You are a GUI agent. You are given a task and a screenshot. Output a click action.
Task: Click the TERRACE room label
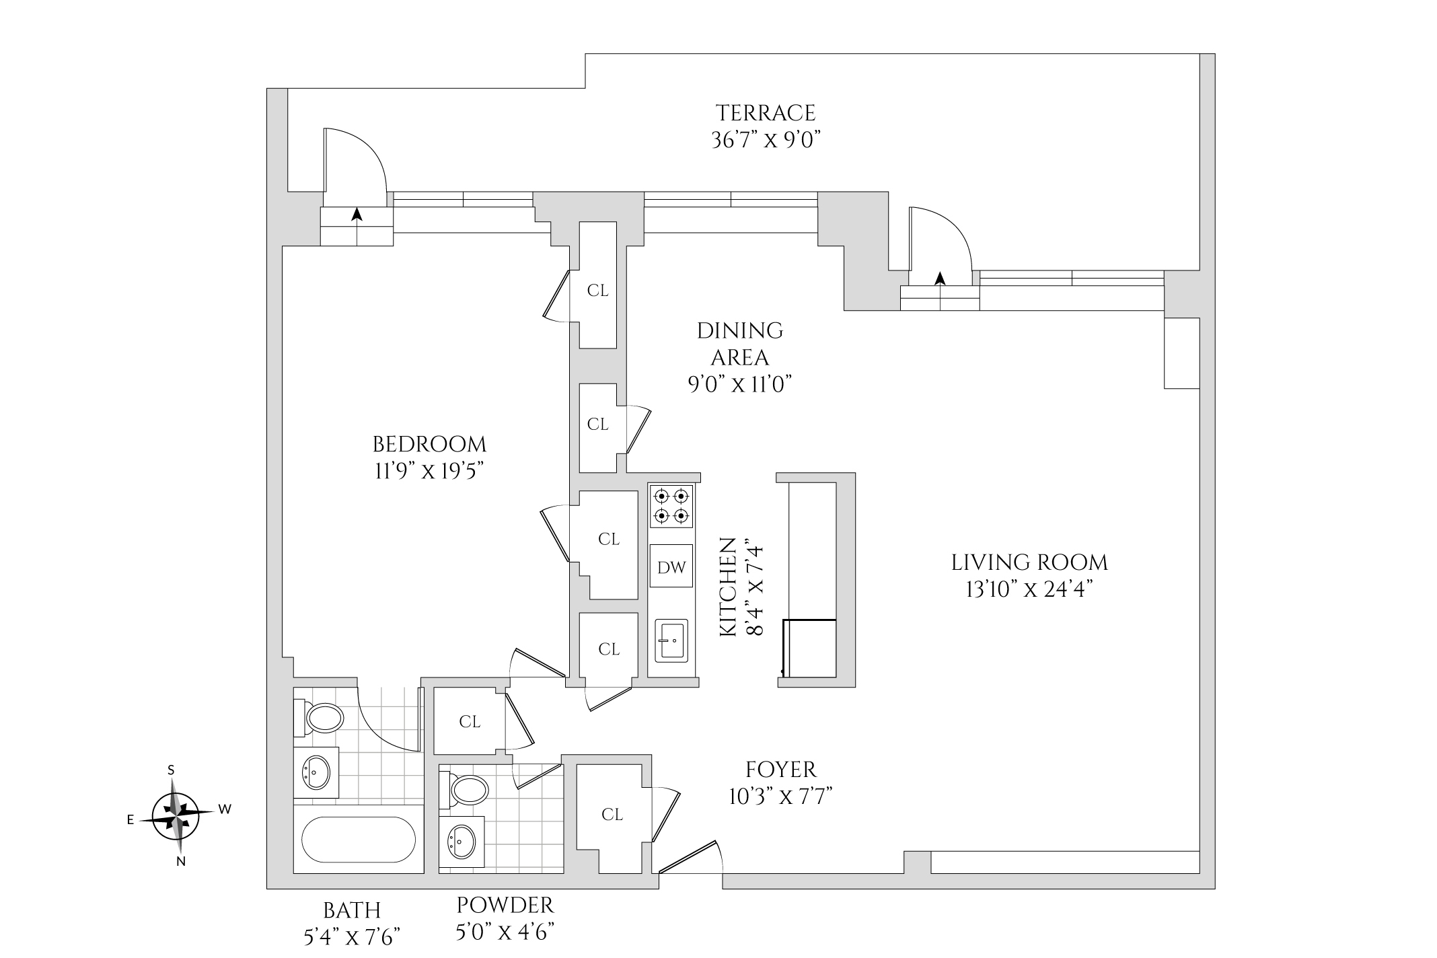(766, 112)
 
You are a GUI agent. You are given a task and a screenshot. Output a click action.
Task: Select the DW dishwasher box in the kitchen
(671, 567)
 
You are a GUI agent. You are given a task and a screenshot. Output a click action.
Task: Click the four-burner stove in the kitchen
(671, 506)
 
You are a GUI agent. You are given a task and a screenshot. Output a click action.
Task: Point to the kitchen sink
(671, 640)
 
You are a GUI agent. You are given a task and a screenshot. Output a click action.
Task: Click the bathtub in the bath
(359, 839)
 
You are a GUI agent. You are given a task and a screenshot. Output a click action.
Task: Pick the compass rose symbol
(176, 817)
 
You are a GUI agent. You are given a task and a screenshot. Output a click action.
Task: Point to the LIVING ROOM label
(1029, 562)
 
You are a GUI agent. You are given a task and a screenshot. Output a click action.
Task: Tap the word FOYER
(780, 769)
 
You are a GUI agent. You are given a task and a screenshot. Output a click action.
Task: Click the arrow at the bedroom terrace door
(357, 214)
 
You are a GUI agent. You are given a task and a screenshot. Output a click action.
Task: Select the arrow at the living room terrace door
(940, 278)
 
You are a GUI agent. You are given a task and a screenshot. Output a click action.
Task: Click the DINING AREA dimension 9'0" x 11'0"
(739, 384)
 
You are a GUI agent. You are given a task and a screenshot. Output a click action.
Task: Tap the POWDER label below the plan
(505, 905)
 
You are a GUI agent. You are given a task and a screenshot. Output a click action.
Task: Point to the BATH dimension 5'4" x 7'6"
(352, 936)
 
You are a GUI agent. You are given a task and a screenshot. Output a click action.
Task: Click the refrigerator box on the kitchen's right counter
(810, 648)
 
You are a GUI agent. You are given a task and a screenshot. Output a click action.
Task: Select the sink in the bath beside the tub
(316, 772)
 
